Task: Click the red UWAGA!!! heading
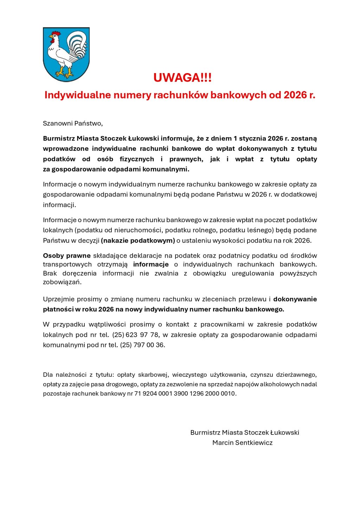pyautogui.click(x=182, y=78)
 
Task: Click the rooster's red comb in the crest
pyautogui.click(x=55, y=34)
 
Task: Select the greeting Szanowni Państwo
pyautogui.click(x=73, y=123)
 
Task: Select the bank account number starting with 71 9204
pyautogui.click(x=185, y=393)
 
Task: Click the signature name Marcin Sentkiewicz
pyautogui.click(x=242, y=443)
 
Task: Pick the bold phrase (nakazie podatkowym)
pyautogui.click(x=138, y=240)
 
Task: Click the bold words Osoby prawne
pyautogui.click(x=67, y=256)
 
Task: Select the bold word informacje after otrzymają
pyautogui.click(x=151, y=264)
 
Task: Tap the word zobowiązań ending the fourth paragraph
pyautogui.click(x=62, y=282)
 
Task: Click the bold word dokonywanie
pyautogui.click(x=295, y=299)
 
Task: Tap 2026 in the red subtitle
pyautogui.click(x=295, y=95)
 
